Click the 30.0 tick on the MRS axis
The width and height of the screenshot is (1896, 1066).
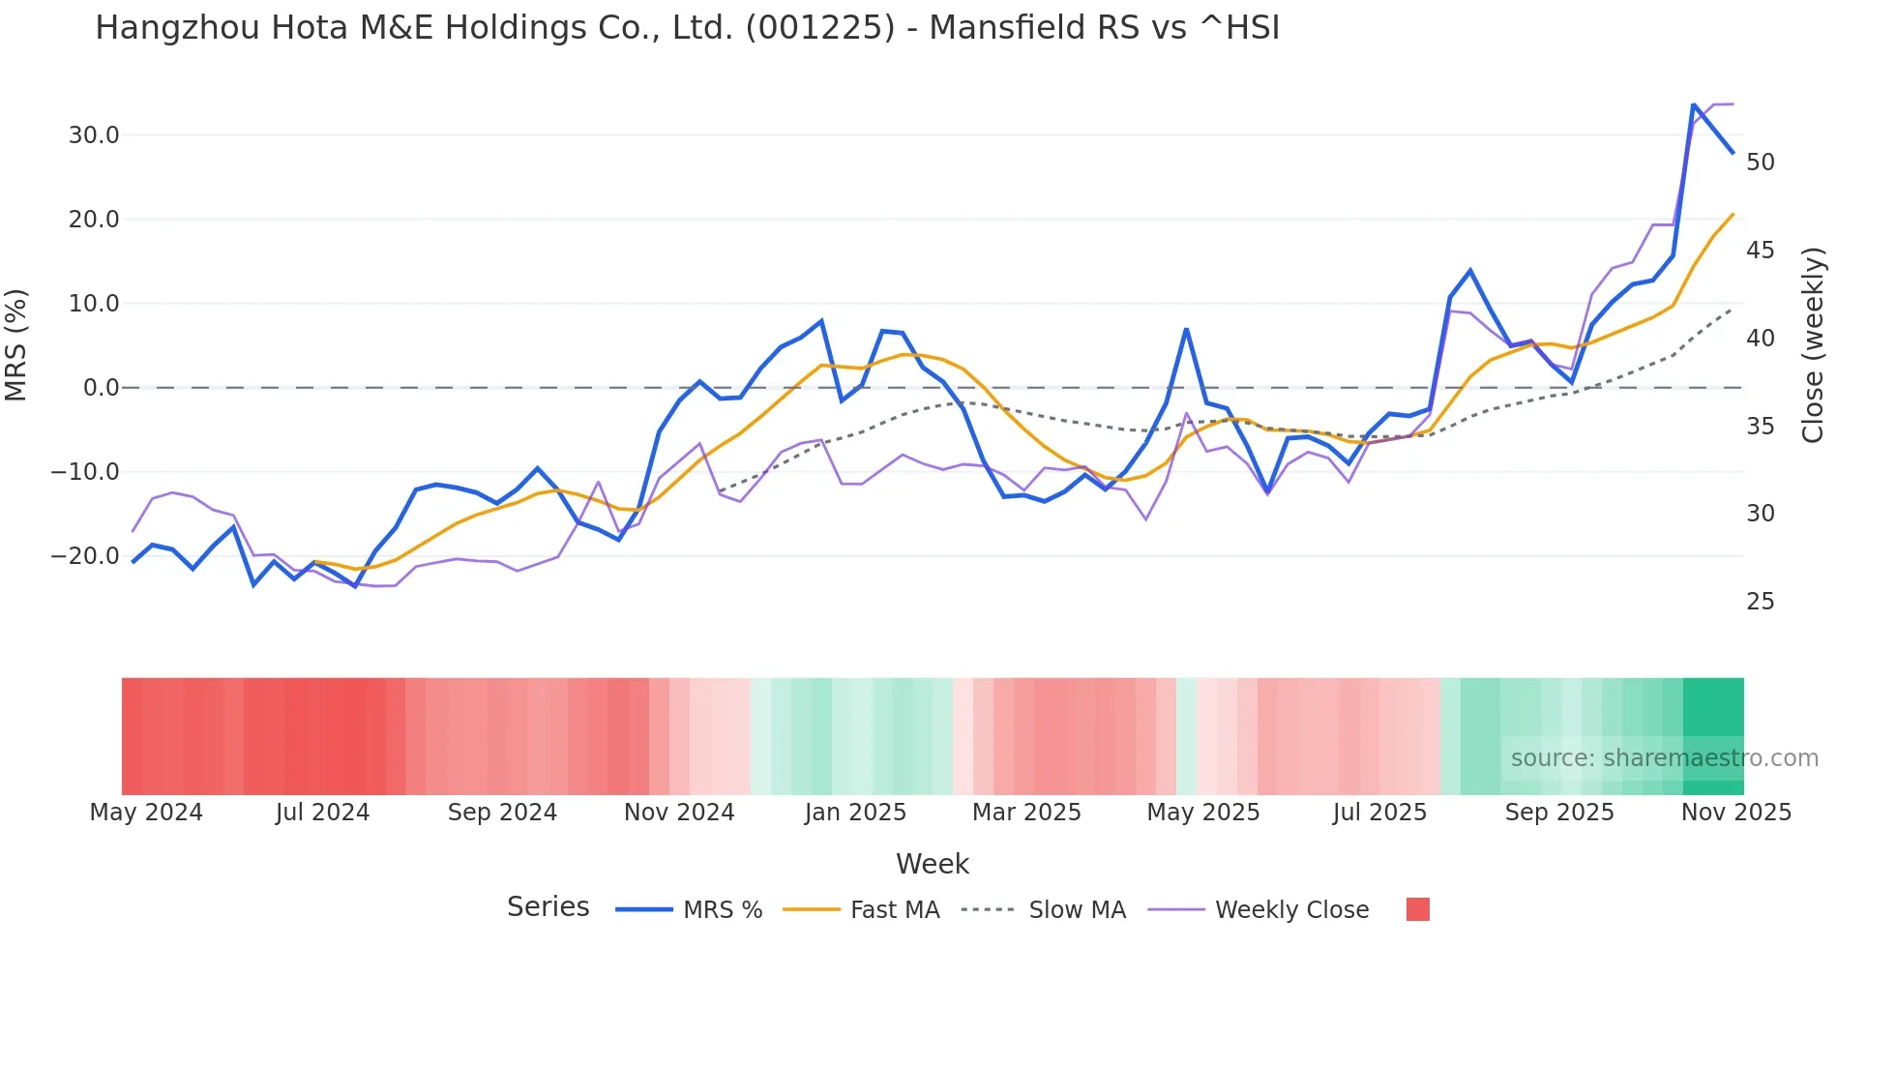tap(94, 135)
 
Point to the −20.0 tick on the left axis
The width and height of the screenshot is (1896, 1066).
tap(85, 556)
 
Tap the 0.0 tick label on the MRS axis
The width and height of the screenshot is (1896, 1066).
tap(102, 388)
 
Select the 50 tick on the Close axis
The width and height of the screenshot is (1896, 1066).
tap(1761, 163)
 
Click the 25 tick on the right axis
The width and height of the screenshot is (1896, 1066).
tap(1761, 602)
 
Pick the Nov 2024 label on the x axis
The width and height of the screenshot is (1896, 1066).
tap(679, 813)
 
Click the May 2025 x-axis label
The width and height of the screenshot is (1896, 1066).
tap(1203, 813)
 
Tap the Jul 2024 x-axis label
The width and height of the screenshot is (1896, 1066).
tap(322, 813)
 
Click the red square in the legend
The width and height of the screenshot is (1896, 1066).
tap(1417, 909)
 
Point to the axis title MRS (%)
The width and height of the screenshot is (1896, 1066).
tap(16, 344)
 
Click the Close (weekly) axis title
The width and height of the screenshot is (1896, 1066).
tap(1813, 345)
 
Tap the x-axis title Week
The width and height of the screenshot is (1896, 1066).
tap(932, 864)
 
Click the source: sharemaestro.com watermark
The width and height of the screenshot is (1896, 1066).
tap(1664, 758)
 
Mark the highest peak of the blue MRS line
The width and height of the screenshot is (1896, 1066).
tap(1693, 104)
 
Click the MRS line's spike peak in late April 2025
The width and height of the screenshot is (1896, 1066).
tap(1186, 330)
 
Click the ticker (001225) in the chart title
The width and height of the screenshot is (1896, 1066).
tap(820, 28)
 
